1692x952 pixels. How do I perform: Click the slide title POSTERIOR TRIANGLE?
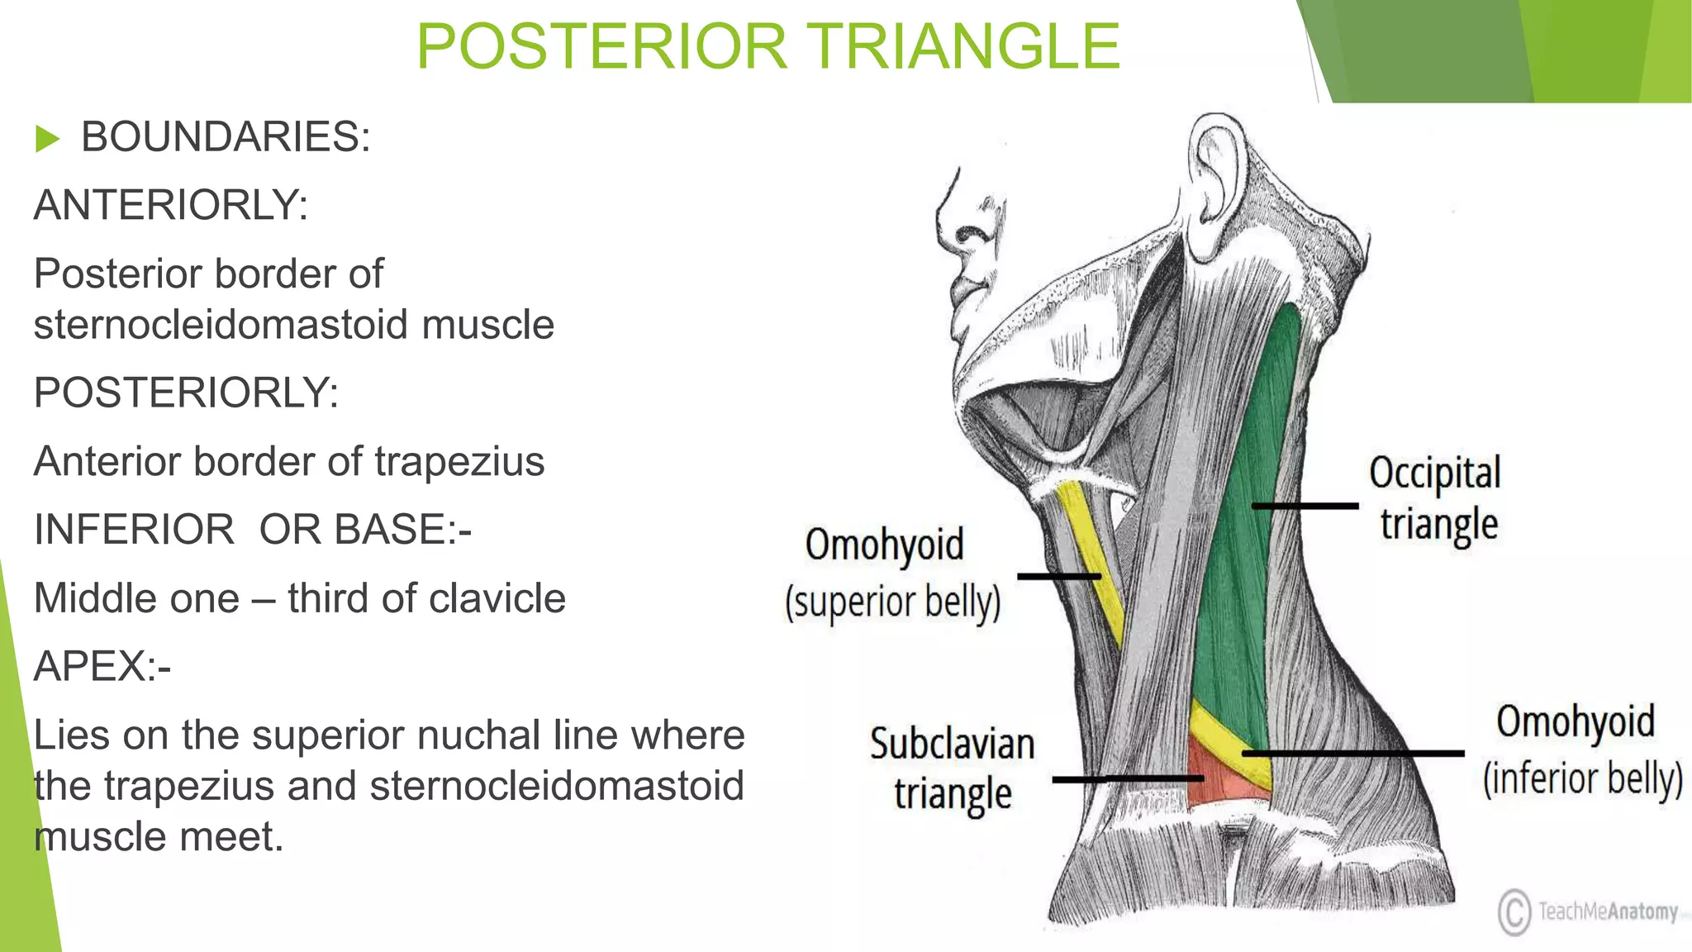768,46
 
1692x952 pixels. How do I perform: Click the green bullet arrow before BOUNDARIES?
48,139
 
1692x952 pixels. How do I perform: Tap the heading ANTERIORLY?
170,205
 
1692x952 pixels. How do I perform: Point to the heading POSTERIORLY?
186,393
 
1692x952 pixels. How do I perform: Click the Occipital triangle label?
1436,498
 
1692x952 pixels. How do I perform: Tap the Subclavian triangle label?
952,769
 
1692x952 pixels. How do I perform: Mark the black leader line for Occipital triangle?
1305,505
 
